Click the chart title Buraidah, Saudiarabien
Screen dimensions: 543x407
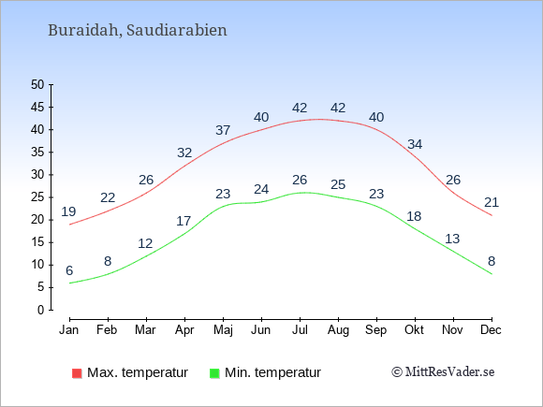(x=137, y=30)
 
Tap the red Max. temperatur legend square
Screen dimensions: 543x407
(x=77, y=373)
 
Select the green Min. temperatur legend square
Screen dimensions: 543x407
(x=214, y=373)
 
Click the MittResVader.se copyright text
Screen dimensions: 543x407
(x=443, y=372)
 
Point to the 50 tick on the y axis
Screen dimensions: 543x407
(x=37, y=84)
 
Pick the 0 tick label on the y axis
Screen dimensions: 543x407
(x=41, y=310)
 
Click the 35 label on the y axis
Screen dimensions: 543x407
(x=37, y=152)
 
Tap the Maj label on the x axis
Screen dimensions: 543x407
(x=223, y=330)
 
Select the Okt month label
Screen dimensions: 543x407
(x=414, y=330)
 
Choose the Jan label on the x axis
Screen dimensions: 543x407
(x=69, y=330)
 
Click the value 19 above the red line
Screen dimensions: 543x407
(x=68, y=211)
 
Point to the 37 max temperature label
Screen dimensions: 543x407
(x=223, y=130)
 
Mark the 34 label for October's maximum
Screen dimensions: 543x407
(x=415, y=144)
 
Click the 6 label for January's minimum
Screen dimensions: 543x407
(x=69, y=270)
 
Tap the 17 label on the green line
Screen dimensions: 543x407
(x=183, y=221)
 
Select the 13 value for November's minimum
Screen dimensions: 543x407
(x=452, y=239)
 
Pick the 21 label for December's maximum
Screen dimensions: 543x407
(x=492, y=202)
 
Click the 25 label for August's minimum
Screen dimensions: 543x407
(x=338, y=184)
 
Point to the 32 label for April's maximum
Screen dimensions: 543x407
(x=184, y=153)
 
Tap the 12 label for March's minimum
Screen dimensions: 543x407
(x=145, y=243)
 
